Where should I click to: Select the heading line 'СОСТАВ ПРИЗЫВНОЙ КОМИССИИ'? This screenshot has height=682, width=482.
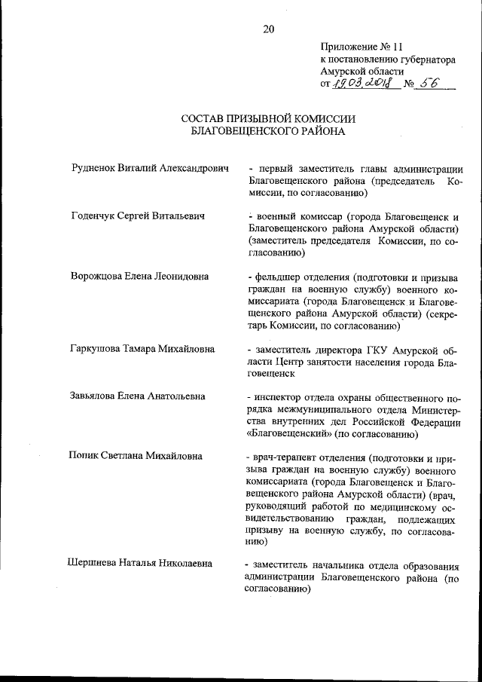(x=268, y=118)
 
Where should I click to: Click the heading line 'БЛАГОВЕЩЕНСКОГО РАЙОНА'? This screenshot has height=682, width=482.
(x=268, y=131)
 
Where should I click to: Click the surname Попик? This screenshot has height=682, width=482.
(x=82, y=456)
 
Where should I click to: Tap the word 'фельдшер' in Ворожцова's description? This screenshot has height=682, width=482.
(x=278, y=275)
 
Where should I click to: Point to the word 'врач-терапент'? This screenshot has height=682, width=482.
(x=287, y=456)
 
